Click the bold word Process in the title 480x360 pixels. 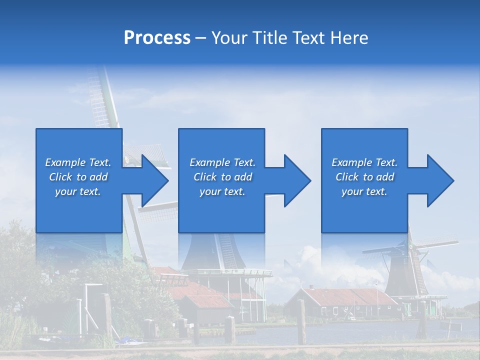[x=157, y=38]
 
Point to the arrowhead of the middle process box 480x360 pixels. [x=296, y=180]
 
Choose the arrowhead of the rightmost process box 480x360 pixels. [x=439, y=180]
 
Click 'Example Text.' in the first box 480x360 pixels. [x=78, y=162]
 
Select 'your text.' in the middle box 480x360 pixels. [x=222, y=191]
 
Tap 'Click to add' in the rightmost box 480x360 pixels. [x=364, y=177]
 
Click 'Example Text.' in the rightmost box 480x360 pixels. [x=364, y=162]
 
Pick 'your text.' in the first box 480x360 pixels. [x=78, y=191]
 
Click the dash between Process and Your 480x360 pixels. [x=201, y=38]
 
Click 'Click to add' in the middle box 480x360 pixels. [x=222, y=177]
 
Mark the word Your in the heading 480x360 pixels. [x=229, y=38]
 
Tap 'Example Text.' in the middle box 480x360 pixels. [x=222, y=162]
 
